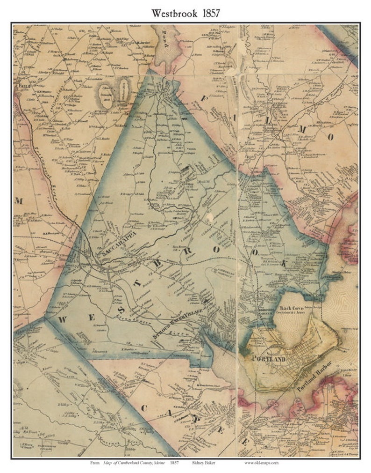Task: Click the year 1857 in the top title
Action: pos(208,14)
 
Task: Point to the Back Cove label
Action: pos(292,309)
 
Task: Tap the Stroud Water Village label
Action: pos(178,324)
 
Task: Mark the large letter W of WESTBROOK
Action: pos(62,319)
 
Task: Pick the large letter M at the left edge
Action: pos(20,201)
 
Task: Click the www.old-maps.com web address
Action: pos(261,463)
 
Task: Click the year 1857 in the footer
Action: pos(175,463)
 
